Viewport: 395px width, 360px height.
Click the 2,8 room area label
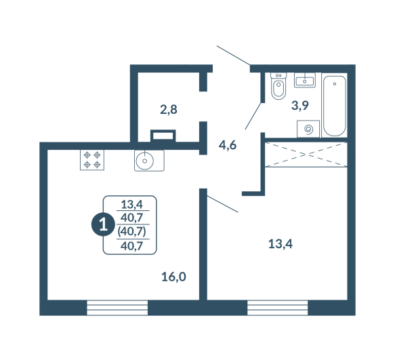pyautogui.click(x=169, y=110)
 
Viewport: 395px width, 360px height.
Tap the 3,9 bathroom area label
pyautogui.click(x=300, y=105)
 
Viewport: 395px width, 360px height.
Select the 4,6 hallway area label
pyautogui.click(x=228, y=145)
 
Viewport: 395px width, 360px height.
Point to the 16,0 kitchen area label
pyautogui.click(x=173, y=277)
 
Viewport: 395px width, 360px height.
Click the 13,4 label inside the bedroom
pyautogui.click(x=280, y=244)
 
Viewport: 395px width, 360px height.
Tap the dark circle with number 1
pyautogui.click(x=103, y=224)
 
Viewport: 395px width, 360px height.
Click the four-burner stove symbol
pyautogui.click(x=92, y=160)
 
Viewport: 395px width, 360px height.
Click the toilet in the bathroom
pyautogui.click(x=278, y=86)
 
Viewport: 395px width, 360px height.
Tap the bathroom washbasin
pyautogui.click(x=305, y=80)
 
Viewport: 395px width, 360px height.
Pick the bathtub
pyautogui.click(x=335, y=105)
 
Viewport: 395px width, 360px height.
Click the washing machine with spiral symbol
pyautogui.click(x=308, y=129)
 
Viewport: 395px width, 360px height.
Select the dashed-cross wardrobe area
pyautogui.click(x=306, y=155)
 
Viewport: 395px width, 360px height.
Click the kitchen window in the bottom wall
pyautogui.click(x=117, y=308)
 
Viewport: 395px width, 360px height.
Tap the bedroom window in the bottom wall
pyautogui.click(x=277, y=308)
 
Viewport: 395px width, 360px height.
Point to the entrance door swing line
pyautogui.click(x=233, y=56)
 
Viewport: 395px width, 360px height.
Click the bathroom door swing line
pyautogui.click(x=253, y=116)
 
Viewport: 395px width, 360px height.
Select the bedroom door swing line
pyautogui.click(x=222, y=204)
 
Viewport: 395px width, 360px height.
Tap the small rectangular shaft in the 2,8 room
pyautogui.click(x=163, y=136)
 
